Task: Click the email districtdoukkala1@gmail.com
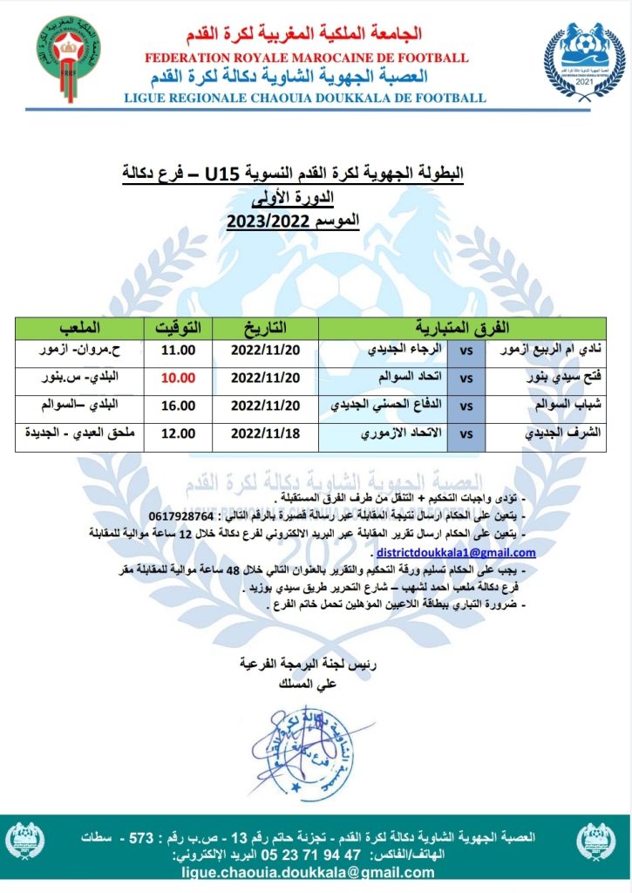(456, 552)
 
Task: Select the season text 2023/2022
(265, 222)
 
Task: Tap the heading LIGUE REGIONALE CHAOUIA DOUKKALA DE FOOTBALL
(304, 98)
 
